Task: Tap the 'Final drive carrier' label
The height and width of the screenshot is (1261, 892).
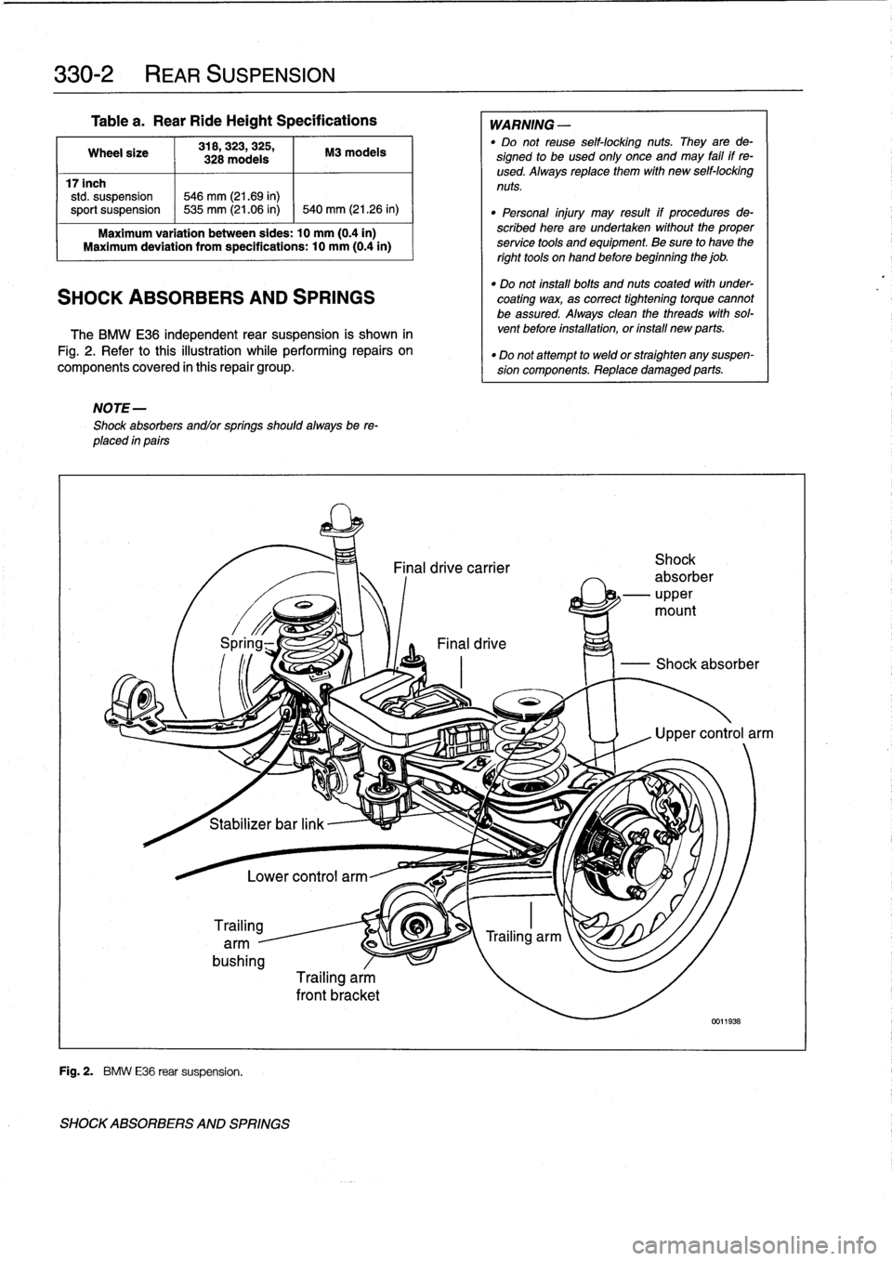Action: click(x=452, y=568)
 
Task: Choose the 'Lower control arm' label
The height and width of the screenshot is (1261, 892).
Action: click(x=307, y=875)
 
